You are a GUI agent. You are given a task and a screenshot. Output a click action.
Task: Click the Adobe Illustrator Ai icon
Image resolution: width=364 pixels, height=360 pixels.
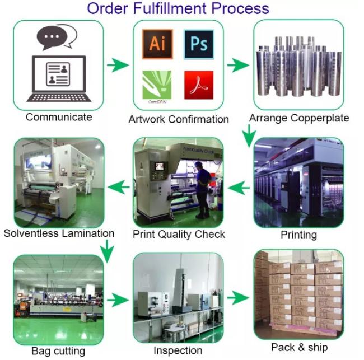point(157,44)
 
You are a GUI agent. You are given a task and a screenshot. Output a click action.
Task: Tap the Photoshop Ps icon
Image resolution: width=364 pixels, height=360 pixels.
point(199,44)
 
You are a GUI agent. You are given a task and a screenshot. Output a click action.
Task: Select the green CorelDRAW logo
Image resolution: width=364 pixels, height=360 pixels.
point(157,85)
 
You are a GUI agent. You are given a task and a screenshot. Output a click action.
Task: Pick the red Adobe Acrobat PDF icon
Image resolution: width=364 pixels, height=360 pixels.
point(199,85)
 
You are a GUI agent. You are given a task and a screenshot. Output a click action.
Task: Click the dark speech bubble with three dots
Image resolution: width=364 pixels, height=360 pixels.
point(52,38)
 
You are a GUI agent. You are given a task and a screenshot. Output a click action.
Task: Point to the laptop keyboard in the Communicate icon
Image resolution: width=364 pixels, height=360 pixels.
point(59,98)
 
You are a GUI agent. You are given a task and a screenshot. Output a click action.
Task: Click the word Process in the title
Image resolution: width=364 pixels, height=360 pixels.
point(240,8)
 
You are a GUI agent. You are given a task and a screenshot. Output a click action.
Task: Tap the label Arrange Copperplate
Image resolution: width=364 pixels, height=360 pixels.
point(299,118)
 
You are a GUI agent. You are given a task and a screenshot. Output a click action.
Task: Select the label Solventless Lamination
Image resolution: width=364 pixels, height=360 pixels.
point(59,233)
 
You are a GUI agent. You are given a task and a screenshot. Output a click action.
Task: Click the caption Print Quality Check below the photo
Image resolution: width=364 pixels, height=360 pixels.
point(179,235)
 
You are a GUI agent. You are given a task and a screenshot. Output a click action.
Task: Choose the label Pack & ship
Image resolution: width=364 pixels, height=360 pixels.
point(300,348)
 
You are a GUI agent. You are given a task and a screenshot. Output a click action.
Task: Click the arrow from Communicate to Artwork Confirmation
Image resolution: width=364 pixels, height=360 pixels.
point(118,65)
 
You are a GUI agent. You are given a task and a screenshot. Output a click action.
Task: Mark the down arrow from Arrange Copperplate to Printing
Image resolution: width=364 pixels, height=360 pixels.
point(249,136)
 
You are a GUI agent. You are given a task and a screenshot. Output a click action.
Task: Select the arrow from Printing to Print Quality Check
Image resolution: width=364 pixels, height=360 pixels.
point(239,188)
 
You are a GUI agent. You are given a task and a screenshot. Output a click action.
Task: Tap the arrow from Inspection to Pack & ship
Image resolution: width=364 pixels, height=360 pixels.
point(238,297)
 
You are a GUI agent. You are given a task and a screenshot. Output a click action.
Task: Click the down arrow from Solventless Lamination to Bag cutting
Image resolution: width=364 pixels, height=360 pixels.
point(107,251)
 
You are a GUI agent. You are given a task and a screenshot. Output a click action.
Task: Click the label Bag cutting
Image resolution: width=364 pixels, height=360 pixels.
point(58,351)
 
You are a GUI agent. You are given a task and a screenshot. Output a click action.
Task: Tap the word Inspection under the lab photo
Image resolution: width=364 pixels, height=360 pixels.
point(178,350)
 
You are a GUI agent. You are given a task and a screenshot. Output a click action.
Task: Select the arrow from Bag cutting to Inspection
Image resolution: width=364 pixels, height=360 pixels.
point(118,300)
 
